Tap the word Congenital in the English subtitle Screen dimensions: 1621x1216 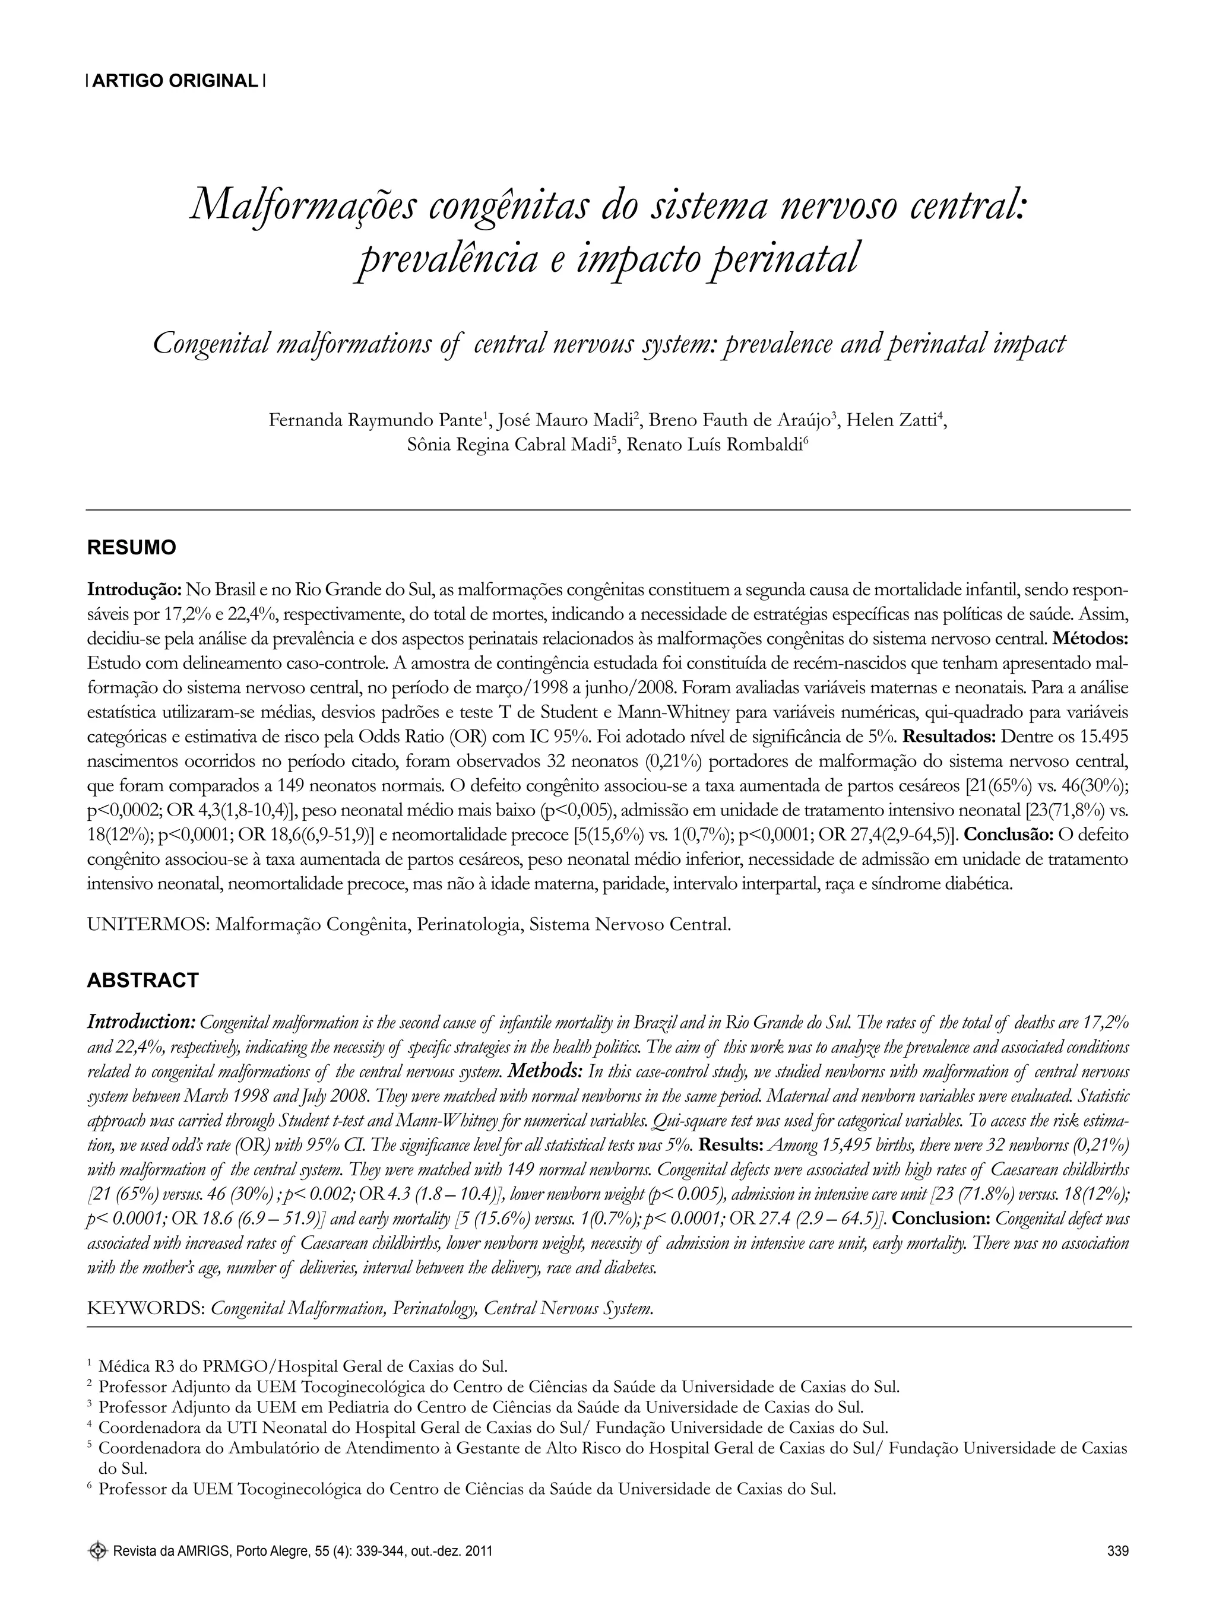210,344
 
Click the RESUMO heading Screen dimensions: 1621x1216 131,547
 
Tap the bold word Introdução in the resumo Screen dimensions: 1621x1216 134,589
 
